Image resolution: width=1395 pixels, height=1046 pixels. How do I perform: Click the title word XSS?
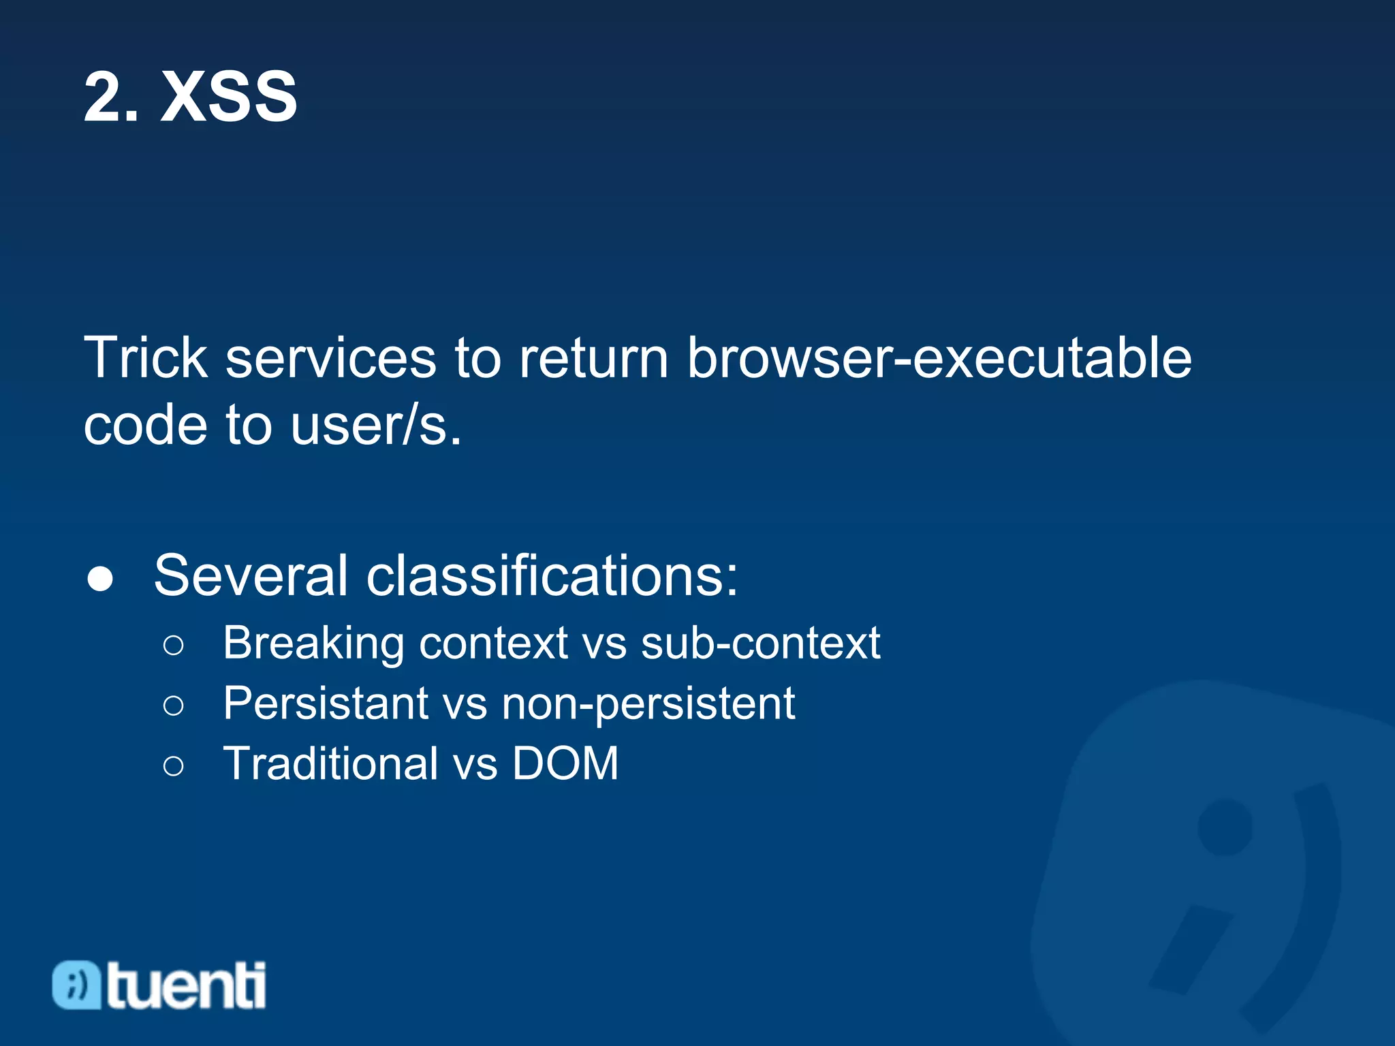[229, 97]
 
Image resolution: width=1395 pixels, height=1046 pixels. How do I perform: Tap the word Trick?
[145, 358]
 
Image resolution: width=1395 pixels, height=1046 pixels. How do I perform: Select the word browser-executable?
[939, 358]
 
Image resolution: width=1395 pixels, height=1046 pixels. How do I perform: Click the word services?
[330, 358]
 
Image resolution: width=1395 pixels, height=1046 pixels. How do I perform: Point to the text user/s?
[376, 426]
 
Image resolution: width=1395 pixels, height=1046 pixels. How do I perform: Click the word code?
[145, 426]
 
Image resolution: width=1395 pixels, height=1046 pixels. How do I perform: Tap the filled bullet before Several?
[101, 579]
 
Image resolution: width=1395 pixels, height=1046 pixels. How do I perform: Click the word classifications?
[552, 576]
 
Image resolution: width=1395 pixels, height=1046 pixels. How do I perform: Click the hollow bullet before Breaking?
[174, 645]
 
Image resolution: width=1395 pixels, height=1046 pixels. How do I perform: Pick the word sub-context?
[760, 643]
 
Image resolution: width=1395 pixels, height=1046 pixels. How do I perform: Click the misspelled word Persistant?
[326, 703]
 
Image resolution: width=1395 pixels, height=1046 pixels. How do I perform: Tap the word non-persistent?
[648, 703]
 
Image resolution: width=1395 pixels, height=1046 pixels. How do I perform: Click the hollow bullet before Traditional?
[174, 765]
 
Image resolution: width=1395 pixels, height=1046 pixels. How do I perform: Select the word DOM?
[565, 763]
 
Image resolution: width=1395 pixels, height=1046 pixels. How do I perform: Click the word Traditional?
[331, 763]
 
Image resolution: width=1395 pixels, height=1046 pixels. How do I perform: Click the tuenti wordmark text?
[186, 985]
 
